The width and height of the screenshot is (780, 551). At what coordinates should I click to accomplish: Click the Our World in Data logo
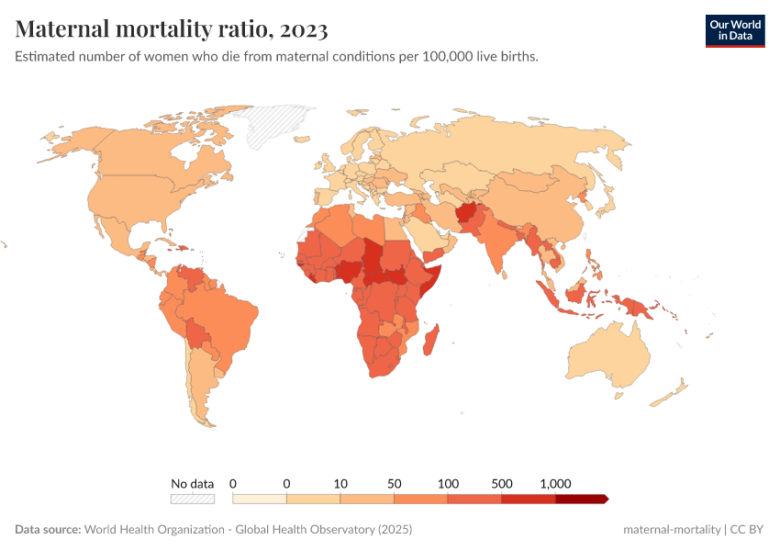734,29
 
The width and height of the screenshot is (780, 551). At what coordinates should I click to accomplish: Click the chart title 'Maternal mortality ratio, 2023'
172,29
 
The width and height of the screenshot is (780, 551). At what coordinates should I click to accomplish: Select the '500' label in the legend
502,483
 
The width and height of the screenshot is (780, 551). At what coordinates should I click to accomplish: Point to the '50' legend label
395,483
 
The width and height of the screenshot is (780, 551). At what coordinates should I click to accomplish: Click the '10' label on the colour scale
340,483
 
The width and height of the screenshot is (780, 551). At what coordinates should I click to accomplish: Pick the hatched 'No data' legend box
193,499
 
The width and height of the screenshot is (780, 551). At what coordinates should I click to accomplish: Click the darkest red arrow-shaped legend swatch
582,499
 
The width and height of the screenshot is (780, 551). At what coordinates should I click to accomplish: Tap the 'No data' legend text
193,483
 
